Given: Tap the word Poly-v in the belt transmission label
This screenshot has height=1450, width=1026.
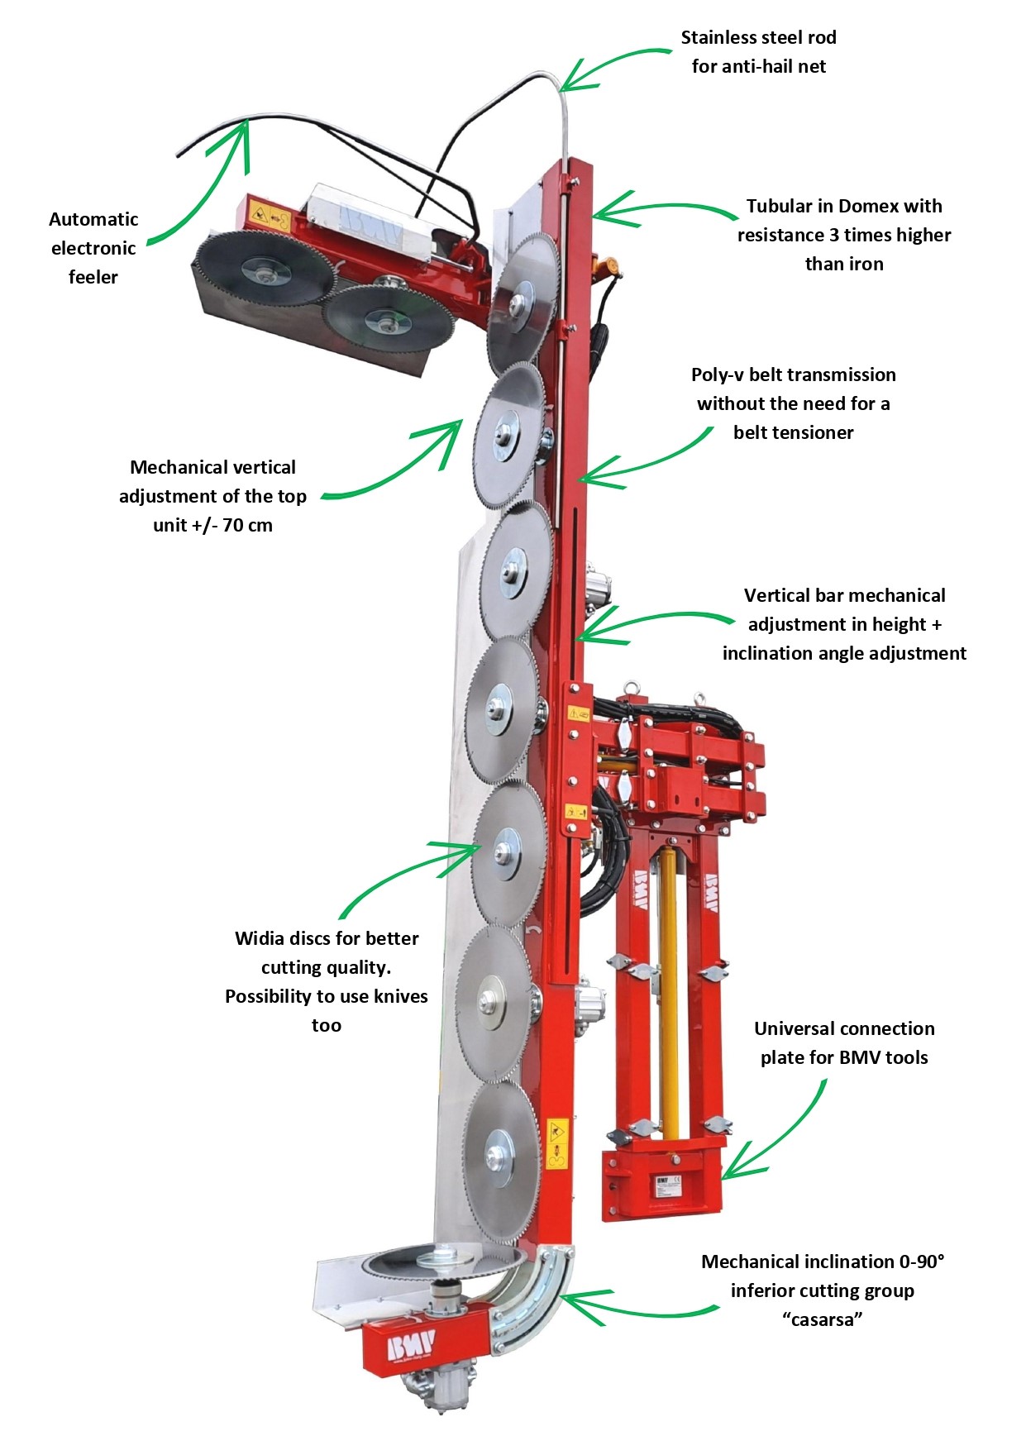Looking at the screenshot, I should pos(716,374).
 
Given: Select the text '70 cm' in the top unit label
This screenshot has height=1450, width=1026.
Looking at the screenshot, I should pos(247,525).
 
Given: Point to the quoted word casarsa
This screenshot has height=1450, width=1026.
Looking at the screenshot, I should pos(822,1319).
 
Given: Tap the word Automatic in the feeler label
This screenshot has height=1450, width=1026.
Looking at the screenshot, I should pos(93,219).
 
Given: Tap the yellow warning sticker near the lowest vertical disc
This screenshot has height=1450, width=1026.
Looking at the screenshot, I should pos(556,1143).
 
